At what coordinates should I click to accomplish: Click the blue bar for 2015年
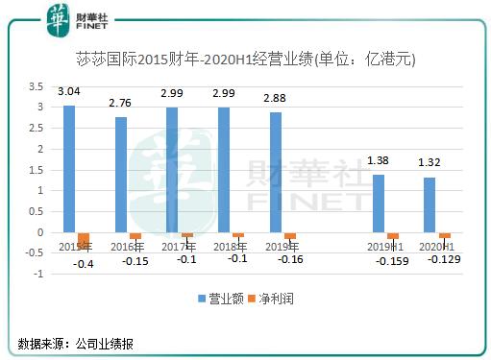tap(69, 169)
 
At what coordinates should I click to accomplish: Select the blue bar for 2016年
tap(121, 175)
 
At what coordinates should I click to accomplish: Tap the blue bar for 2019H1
tap(379, 204)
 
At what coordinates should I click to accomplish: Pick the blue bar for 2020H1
tap(430, 204)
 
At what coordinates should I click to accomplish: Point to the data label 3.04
tap(69, 92)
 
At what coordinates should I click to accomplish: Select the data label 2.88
tap(277, 99)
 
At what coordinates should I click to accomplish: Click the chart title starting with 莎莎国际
tap(245, 60)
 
